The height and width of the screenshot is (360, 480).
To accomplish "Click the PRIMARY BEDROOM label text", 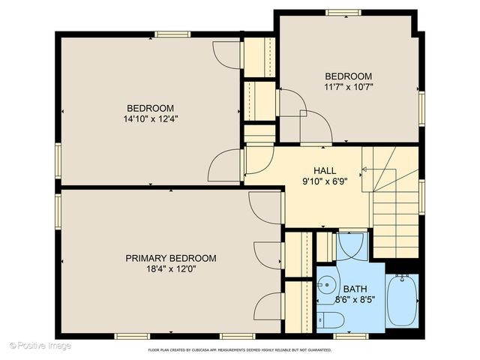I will coord(170,258).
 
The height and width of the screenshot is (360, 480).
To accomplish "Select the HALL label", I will coord(324,170).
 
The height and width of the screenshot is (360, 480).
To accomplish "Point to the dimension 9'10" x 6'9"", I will coord(324,181).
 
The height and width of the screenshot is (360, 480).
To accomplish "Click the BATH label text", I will coord(355,289).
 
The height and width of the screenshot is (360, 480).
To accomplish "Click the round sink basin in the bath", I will coord(327,285).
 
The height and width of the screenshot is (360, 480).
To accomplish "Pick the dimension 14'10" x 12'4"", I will coord(150,118).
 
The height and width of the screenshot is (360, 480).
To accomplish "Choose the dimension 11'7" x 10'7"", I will coord(348,87).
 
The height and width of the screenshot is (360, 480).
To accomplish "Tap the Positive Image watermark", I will coord(40,346).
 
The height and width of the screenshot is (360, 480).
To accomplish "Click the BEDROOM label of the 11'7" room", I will coord(348,76).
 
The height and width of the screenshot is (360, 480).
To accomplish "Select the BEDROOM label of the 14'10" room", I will coord(150,107).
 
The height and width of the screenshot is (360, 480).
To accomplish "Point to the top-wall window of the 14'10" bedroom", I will coord(172,34).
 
